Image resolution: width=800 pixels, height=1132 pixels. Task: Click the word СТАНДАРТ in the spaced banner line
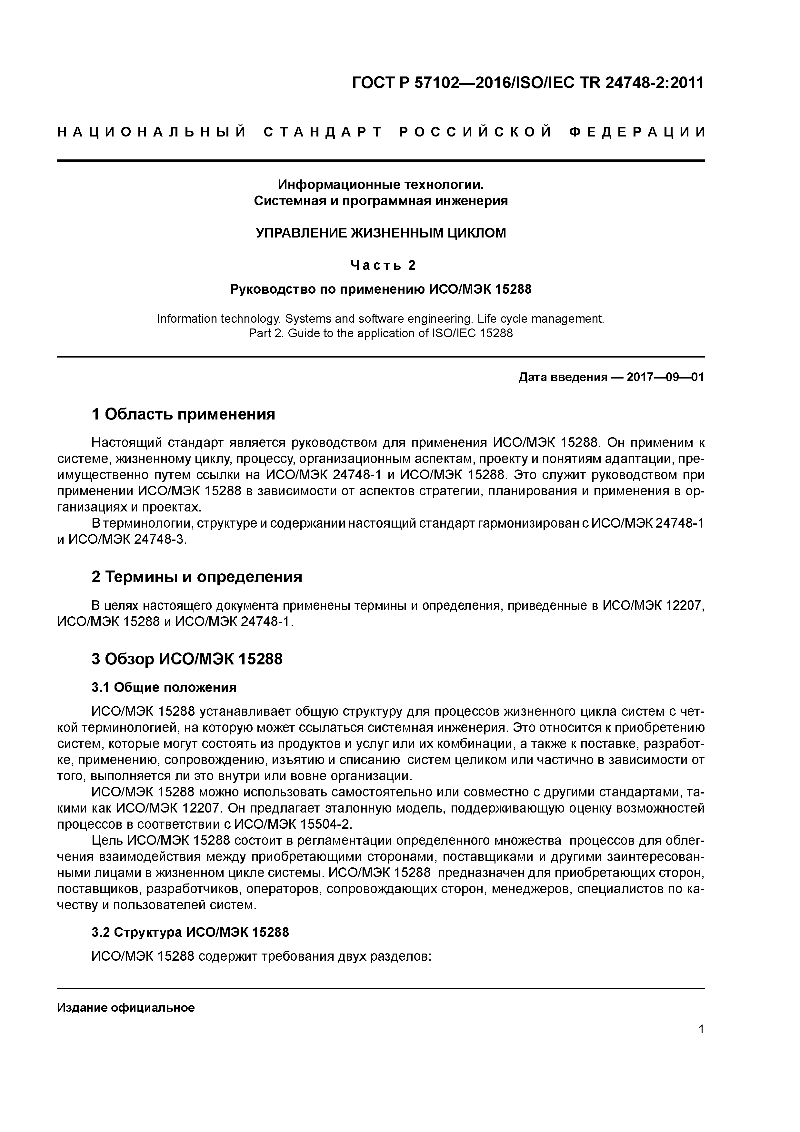pos(323,132)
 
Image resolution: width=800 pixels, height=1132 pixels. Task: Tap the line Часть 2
pos(383,266)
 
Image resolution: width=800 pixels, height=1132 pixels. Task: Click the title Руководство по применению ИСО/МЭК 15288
pos(381,289)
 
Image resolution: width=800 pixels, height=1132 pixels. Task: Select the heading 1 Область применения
pos(183,414)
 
